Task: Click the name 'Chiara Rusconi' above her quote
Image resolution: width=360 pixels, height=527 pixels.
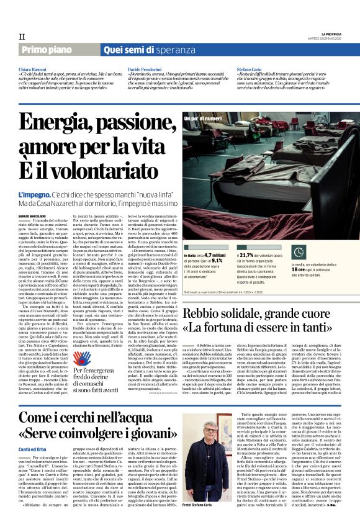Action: [32, 69]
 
